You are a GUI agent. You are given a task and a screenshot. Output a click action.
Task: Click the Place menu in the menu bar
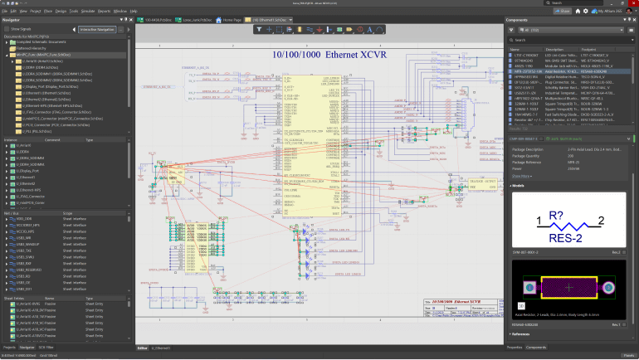pyautogui.click(x=48, y=12)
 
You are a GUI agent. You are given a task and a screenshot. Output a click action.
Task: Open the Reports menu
pyautogui.click(x=104, y=12)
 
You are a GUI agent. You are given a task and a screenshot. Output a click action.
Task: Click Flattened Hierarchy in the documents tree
pyautogui.click(x=33, y=48)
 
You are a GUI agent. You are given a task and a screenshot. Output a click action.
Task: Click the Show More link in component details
pyautogui.click(x=523, y=176)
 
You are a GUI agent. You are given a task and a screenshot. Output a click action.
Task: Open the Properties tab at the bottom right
pyautogui.click(x=515, y=347)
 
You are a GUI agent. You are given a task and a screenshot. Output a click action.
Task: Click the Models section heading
pyautogui.click(x=518, y=186)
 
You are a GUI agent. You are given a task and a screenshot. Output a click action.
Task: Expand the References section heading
pyautogui.click(x=521, y=333)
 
